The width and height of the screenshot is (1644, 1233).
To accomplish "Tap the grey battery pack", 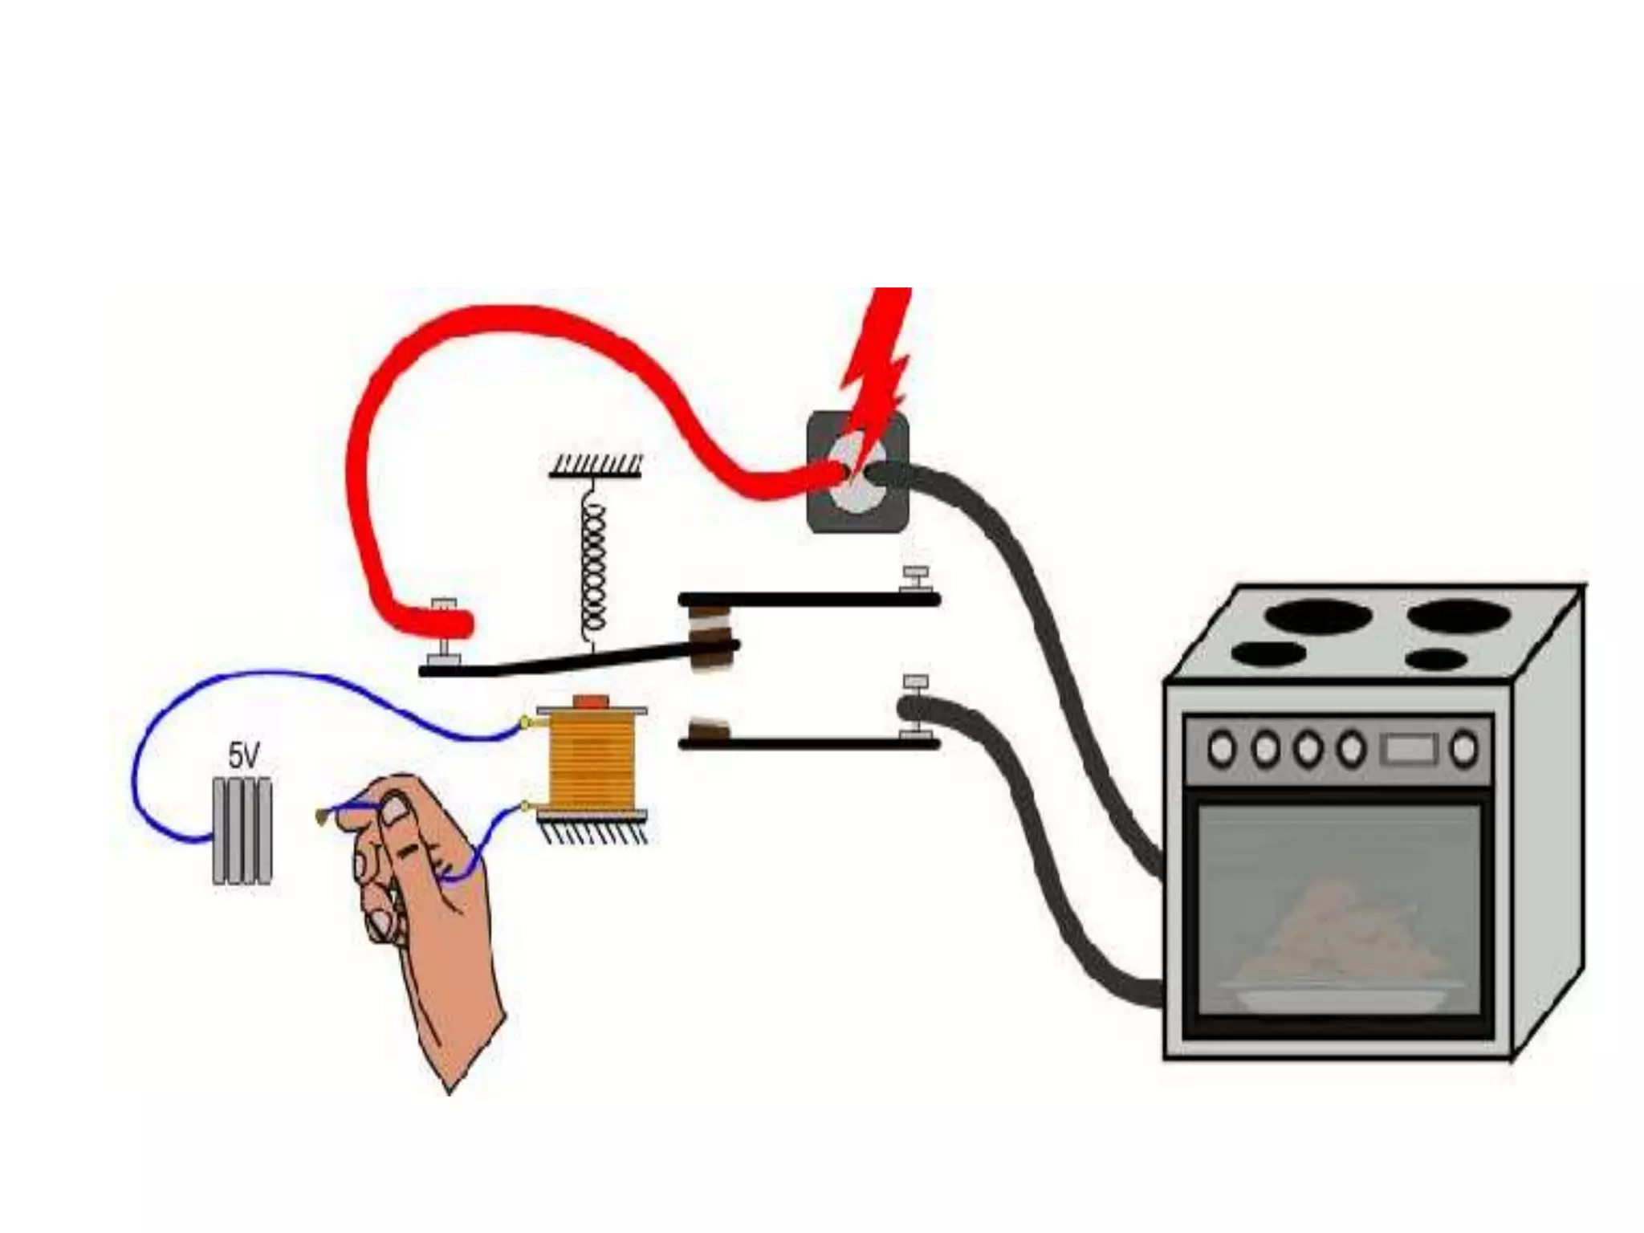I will [x=242, y=830].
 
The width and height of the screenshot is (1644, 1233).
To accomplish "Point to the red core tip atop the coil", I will [x=592, y=701].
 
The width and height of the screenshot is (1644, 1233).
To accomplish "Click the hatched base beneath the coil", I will [x=594, y=828].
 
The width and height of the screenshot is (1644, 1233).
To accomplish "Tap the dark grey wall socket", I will [x=857, y=472].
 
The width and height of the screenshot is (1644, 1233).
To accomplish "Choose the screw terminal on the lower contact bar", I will [x=914, y=706].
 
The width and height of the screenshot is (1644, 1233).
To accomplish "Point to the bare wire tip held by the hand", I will [x=323, y=816].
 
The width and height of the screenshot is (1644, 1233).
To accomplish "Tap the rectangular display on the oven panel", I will [x=1409, y=749].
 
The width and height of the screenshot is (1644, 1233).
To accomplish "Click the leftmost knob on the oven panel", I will [x=1222, y=749].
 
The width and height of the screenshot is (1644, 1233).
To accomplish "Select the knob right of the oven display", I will [x=1465, y=749].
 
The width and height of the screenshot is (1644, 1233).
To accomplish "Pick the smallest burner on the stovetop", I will [x=1437, y=660].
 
